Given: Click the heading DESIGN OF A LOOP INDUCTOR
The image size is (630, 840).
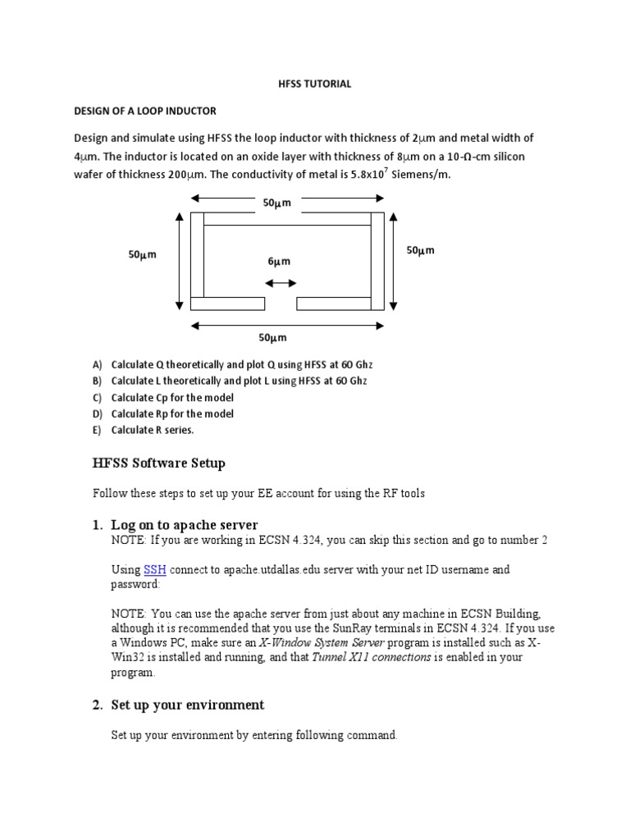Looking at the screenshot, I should click(x=145, y=111).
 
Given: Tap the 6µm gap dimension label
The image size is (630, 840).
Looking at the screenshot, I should click(x=280, y=262).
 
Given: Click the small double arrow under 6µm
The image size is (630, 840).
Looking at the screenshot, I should click(x=281, y=283).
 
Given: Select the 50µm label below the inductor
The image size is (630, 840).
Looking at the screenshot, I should click(x=272, y=338).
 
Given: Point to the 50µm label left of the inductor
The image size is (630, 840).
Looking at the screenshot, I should click(x=142, y=255).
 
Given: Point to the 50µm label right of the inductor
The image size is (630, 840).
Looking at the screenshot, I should click(x=420, y=250).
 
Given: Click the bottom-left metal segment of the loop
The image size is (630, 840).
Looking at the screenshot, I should click(x=227, y=304).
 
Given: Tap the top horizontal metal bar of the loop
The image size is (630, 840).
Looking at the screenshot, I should click(x=287, y=219).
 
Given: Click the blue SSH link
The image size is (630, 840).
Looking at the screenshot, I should click(x=155, y=569).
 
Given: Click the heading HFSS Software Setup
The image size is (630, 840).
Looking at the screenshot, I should click(x=158, y=463).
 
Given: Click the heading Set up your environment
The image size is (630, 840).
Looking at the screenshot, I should click(x=188, y=705).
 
